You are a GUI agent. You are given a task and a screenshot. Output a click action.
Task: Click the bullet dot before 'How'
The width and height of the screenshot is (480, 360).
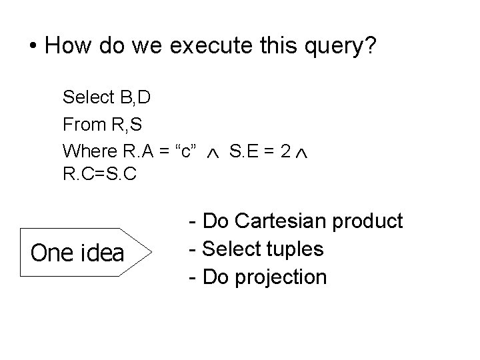[33, 47]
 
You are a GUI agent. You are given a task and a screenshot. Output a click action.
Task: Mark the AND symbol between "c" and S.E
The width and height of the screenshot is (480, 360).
[211, 153]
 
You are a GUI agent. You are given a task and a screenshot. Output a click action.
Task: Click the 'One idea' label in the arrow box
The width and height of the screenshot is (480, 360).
[77, 253]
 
